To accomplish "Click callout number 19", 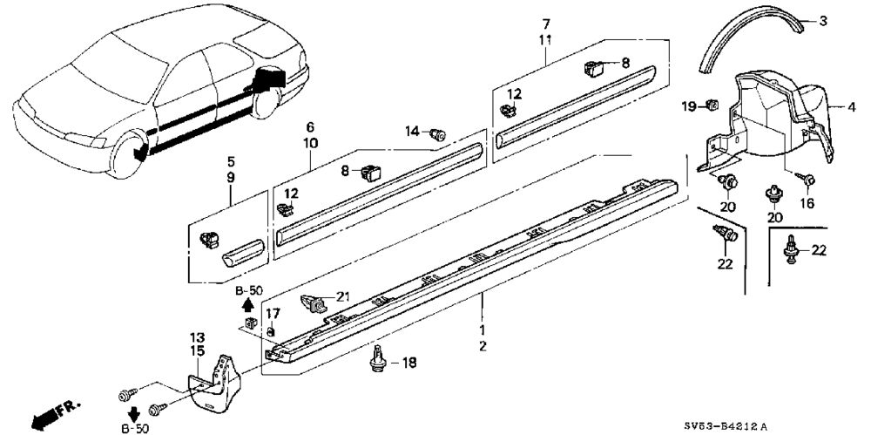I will tap(688, 106).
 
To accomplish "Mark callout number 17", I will tap(272, 315).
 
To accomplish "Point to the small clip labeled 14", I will tap(438, 133).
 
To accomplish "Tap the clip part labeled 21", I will tap(314, 302).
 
